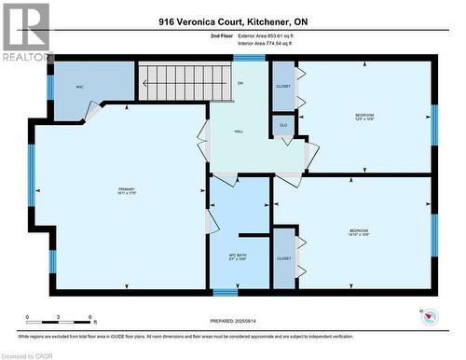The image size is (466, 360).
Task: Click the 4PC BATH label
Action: (238, 256)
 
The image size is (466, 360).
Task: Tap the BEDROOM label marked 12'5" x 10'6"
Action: (364, 117)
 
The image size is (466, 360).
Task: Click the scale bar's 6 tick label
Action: (88, 318)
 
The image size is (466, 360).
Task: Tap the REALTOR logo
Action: (26, 33)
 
